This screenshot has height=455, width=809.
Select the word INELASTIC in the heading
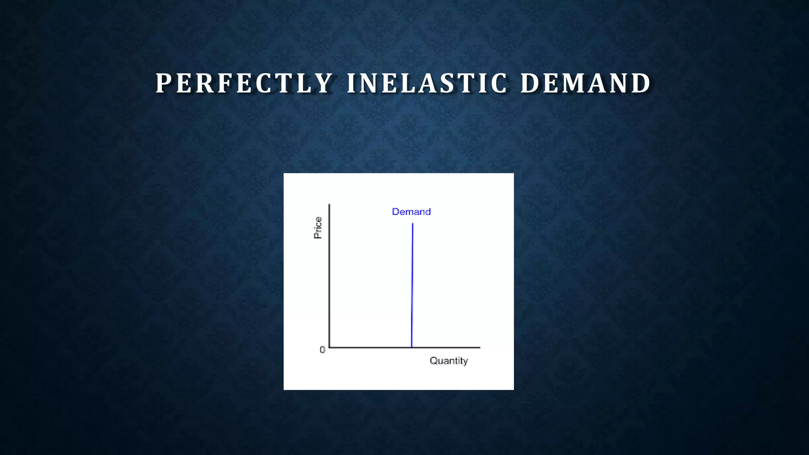coord(427,83)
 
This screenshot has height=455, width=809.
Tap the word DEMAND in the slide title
coord(585,83)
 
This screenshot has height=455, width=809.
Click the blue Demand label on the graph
coord(411,212)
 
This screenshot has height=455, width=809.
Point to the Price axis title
coord(318,228)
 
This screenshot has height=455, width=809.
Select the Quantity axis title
coord(449,361)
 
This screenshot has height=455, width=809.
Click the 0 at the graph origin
coord(322,350)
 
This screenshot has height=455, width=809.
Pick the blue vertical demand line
coord(412,284)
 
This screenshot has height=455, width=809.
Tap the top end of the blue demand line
coord(413,224)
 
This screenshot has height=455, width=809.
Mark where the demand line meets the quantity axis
coord(412,347)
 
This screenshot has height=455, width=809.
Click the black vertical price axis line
coord(329,276)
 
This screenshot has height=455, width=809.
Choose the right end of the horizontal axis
coord(479,347)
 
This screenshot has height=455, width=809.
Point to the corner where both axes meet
coord(329,347)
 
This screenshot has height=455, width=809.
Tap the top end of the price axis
coord(329,205)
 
